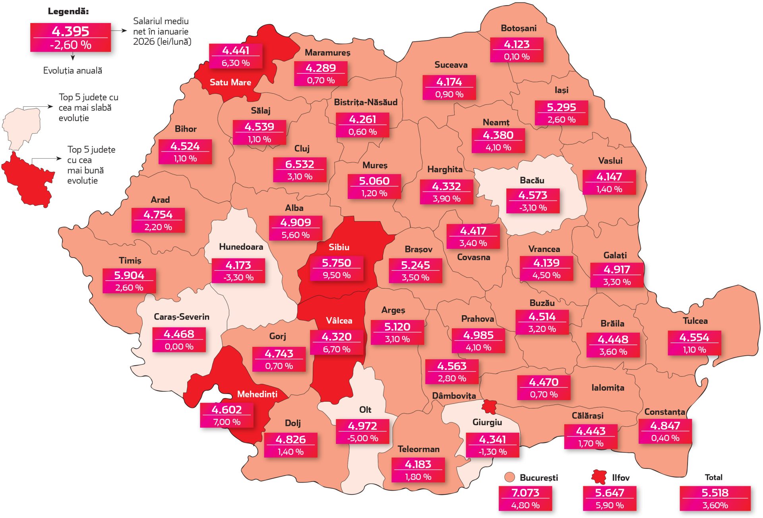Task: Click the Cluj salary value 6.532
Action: (x=300, y=164)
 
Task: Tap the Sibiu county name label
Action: (x=339, y=247)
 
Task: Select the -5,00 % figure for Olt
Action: (x=362, y=438)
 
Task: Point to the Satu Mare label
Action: (x=230, y=82)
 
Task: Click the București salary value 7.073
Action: (x=525, y=493)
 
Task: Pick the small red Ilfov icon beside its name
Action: (x=598, y=477)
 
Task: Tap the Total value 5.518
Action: (x=715, y=493)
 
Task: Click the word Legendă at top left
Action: (x=68, y=11)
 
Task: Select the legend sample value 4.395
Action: (x=70, y=31)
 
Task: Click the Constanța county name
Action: (x=664, y=412)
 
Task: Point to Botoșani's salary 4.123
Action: (x=517, y=44)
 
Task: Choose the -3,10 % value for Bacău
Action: (x=533, y=208)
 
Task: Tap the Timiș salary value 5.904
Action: (x=129, y=275)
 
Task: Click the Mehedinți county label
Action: (x=257, y=394)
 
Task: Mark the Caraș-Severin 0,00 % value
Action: (x=179, y=347)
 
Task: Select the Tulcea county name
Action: (x=695, y=321)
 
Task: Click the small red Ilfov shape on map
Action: (x=489, y=406)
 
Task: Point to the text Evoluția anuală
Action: (x=72, y=71)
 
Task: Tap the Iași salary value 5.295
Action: (x=561, y=107)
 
